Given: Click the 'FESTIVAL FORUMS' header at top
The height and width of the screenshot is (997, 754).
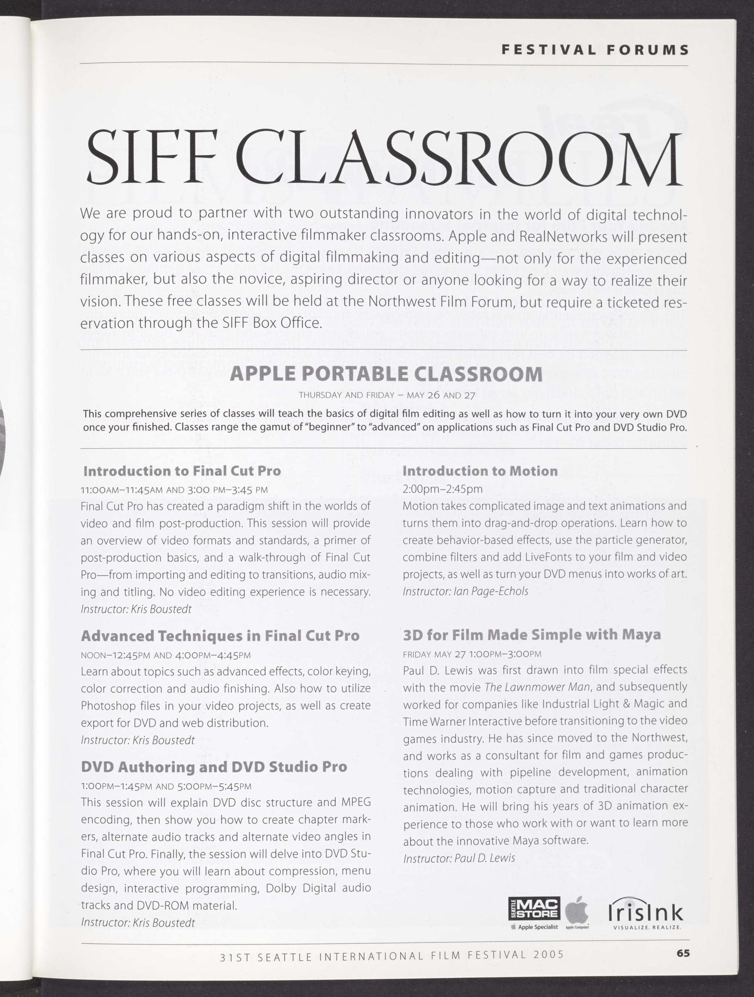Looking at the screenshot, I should click(595, 50).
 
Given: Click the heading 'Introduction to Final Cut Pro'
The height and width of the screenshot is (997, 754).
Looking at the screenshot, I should click(182, 471).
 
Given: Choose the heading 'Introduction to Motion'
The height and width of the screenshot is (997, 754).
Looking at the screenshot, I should click(480, 471).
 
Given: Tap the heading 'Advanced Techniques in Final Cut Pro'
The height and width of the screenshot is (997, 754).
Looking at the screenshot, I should click(220, 636).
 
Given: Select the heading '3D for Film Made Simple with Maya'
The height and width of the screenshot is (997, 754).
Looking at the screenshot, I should click(532, 635).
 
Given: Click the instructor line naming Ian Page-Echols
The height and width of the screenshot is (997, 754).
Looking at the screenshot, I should click(465, 591).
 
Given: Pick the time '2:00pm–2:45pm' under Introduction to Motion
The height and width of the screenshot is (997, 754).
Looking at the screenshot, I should click(442, 489).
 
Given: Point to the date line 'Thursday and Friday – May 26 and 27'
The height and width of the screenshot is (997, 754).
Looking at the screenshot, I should click(387, 395).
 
